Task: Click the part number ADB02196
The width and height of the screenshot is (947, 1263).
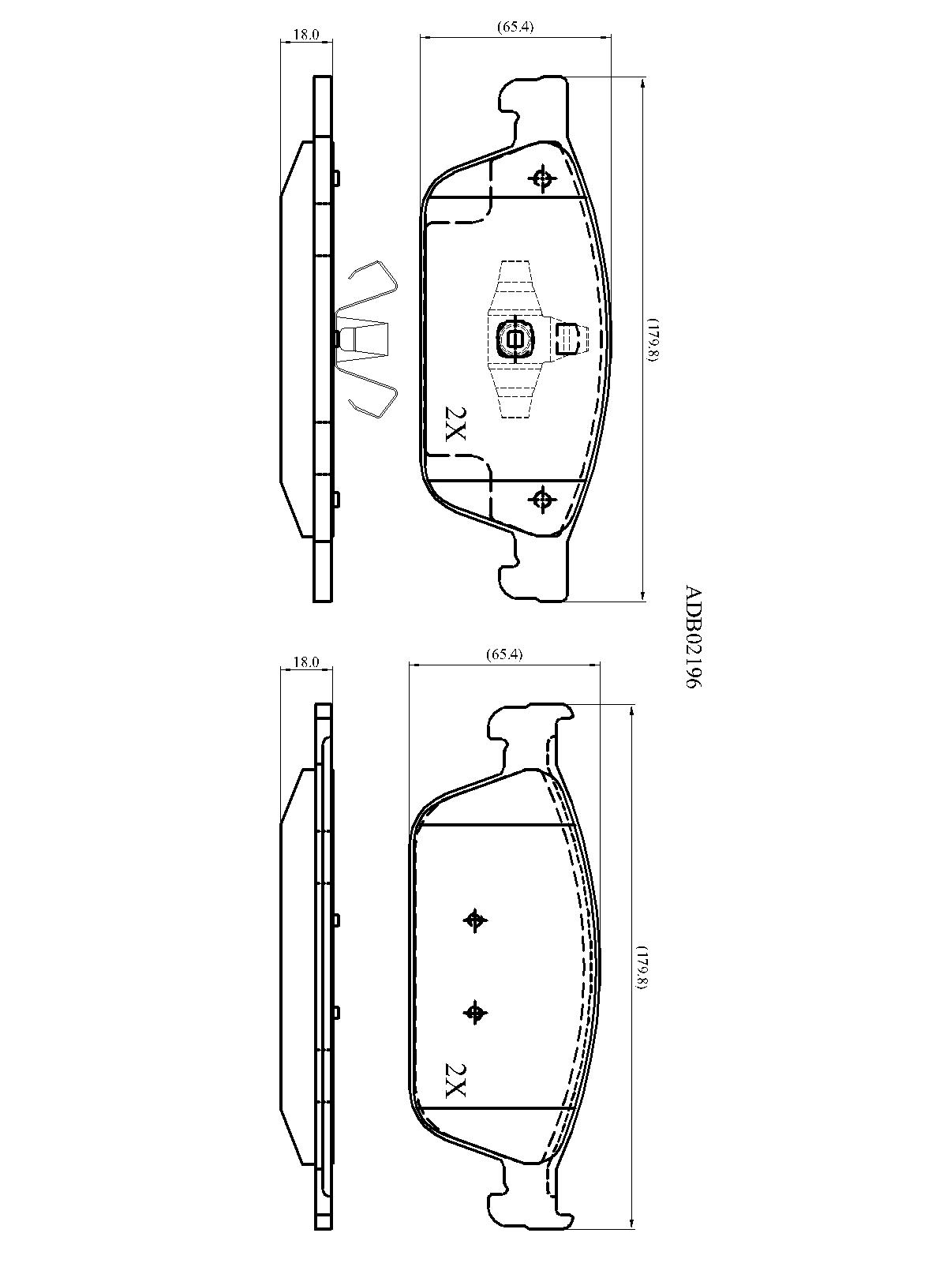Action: (x=694, y=637)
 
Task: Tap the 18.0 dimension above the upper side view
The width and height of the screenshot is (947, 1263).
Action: (x=306, y=35)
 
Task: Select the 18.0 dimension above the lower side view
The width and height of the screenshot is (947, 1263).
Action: (x=306, y=662)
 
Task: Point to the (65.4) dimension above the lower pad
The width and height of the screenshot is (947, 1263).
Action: (x=503, y=654)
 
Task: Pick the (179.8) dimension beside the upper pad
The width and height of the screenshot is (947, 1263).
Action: (x=653, y=340)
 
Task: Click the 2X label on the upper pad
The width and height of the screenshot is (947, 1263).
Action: (x=455, y=424)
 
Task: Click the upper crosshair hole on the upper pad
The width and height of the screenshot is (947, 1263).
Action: (x=541, y=179)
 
